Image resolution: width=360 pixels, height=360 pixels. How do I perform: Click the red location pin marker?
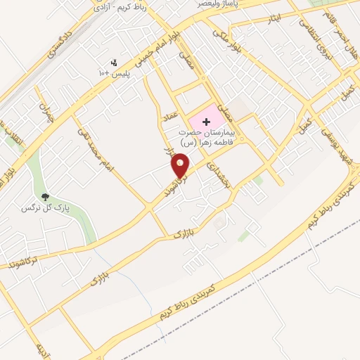coord(181,165)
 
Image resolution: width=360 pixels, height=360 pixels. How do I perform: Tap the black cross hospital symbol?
coord(206,122)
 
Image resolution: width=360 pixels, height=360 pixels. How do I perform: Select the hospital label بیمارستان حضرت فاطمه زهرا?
coord(215,136)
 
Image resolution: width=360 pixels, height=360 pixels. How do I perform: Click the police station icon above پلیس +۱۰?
coord(114,63)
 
